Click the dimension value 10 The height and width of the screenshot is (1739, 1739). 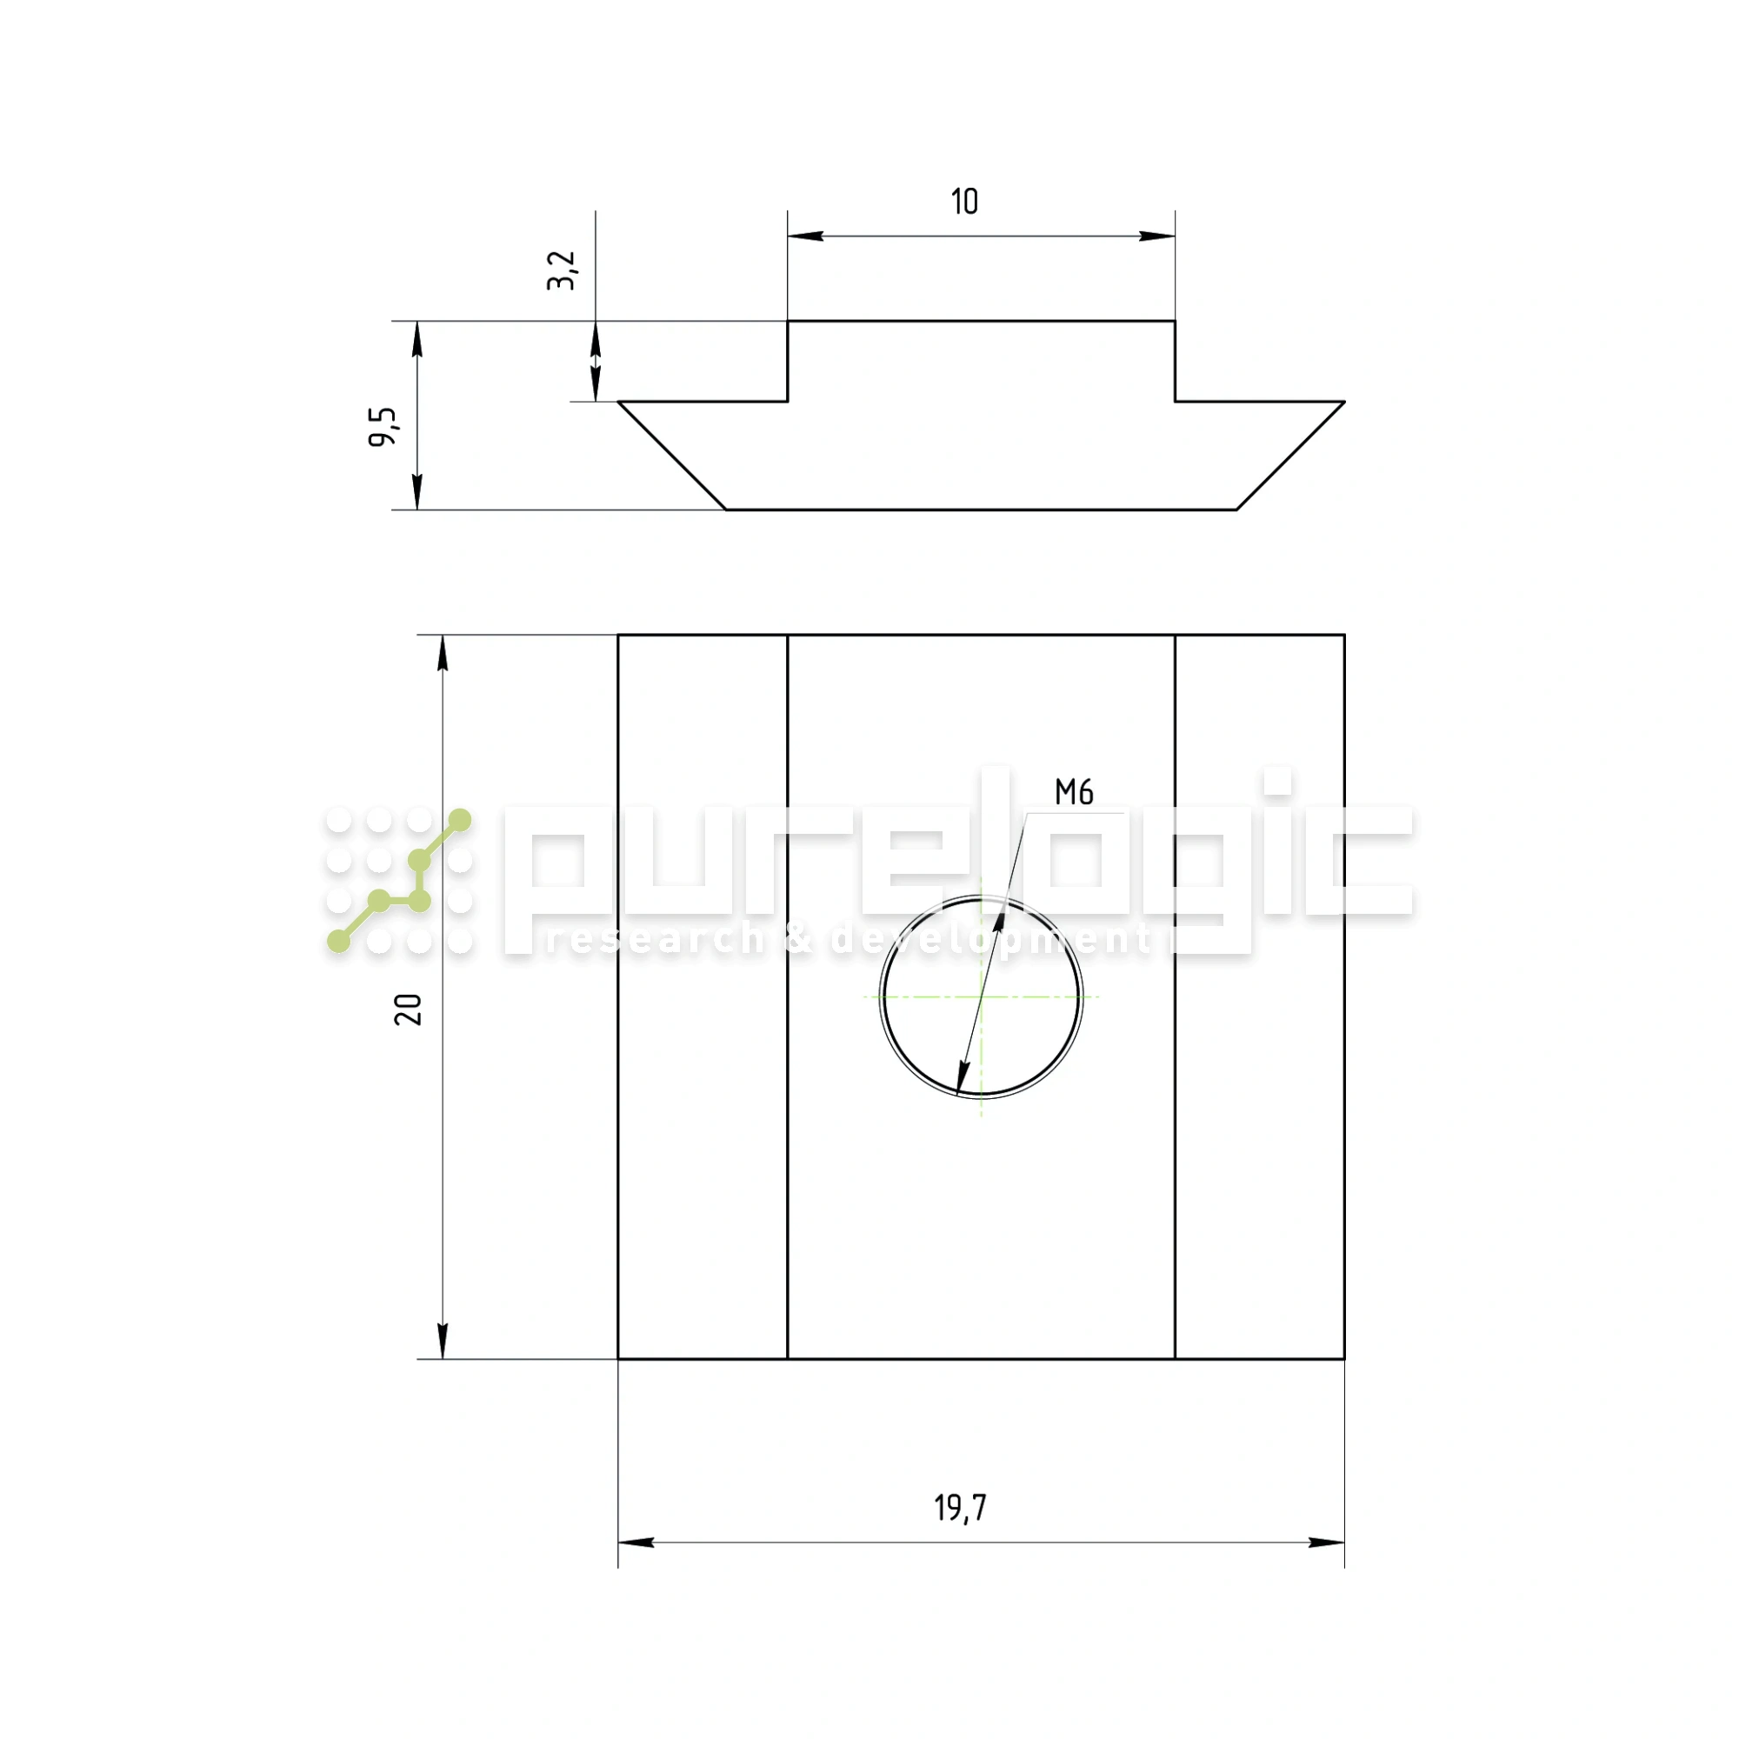(x=964, y=202)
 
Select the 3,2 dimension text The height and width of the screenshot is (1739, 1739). (x=561, y=271)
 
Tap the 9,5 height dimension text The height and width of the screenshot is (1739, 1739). (x=383, y=427)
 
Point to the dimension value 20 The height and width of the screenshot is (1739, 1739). (x=408, y=1009)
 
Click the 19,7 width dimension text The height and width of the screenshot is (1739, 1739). (x=960, y=1508)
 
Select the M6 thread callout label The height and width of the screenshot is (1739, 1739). (x=1074, y=792)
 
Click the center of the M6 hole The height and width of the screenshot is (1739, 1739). (x=981, y=996)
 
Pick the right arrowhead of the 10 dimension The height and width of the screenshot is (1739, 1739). (x=1156, y=237)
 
